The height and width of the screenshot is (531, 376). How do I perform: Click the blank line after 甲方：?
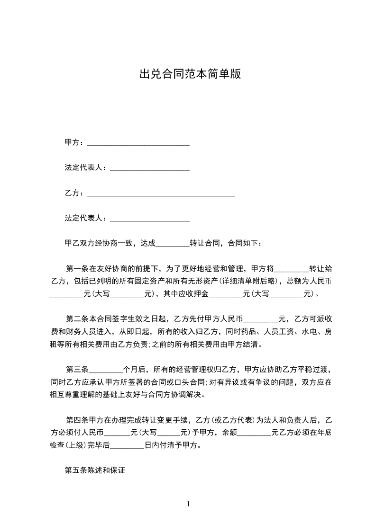click(138, 143)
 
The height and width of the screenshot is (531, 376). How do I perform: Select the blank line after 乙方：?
click(161, 194)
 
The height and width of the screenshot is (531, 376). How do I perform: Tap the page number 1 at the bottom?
click(188, 504)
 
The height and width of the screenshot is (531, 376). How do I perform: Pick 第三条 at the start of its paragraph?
click(78, 370)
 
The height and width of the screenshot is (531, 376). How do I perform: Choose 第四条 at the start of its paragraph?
click(78, 420)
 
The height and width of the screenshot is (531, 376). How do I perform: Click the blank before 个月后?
click(106, 370)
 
